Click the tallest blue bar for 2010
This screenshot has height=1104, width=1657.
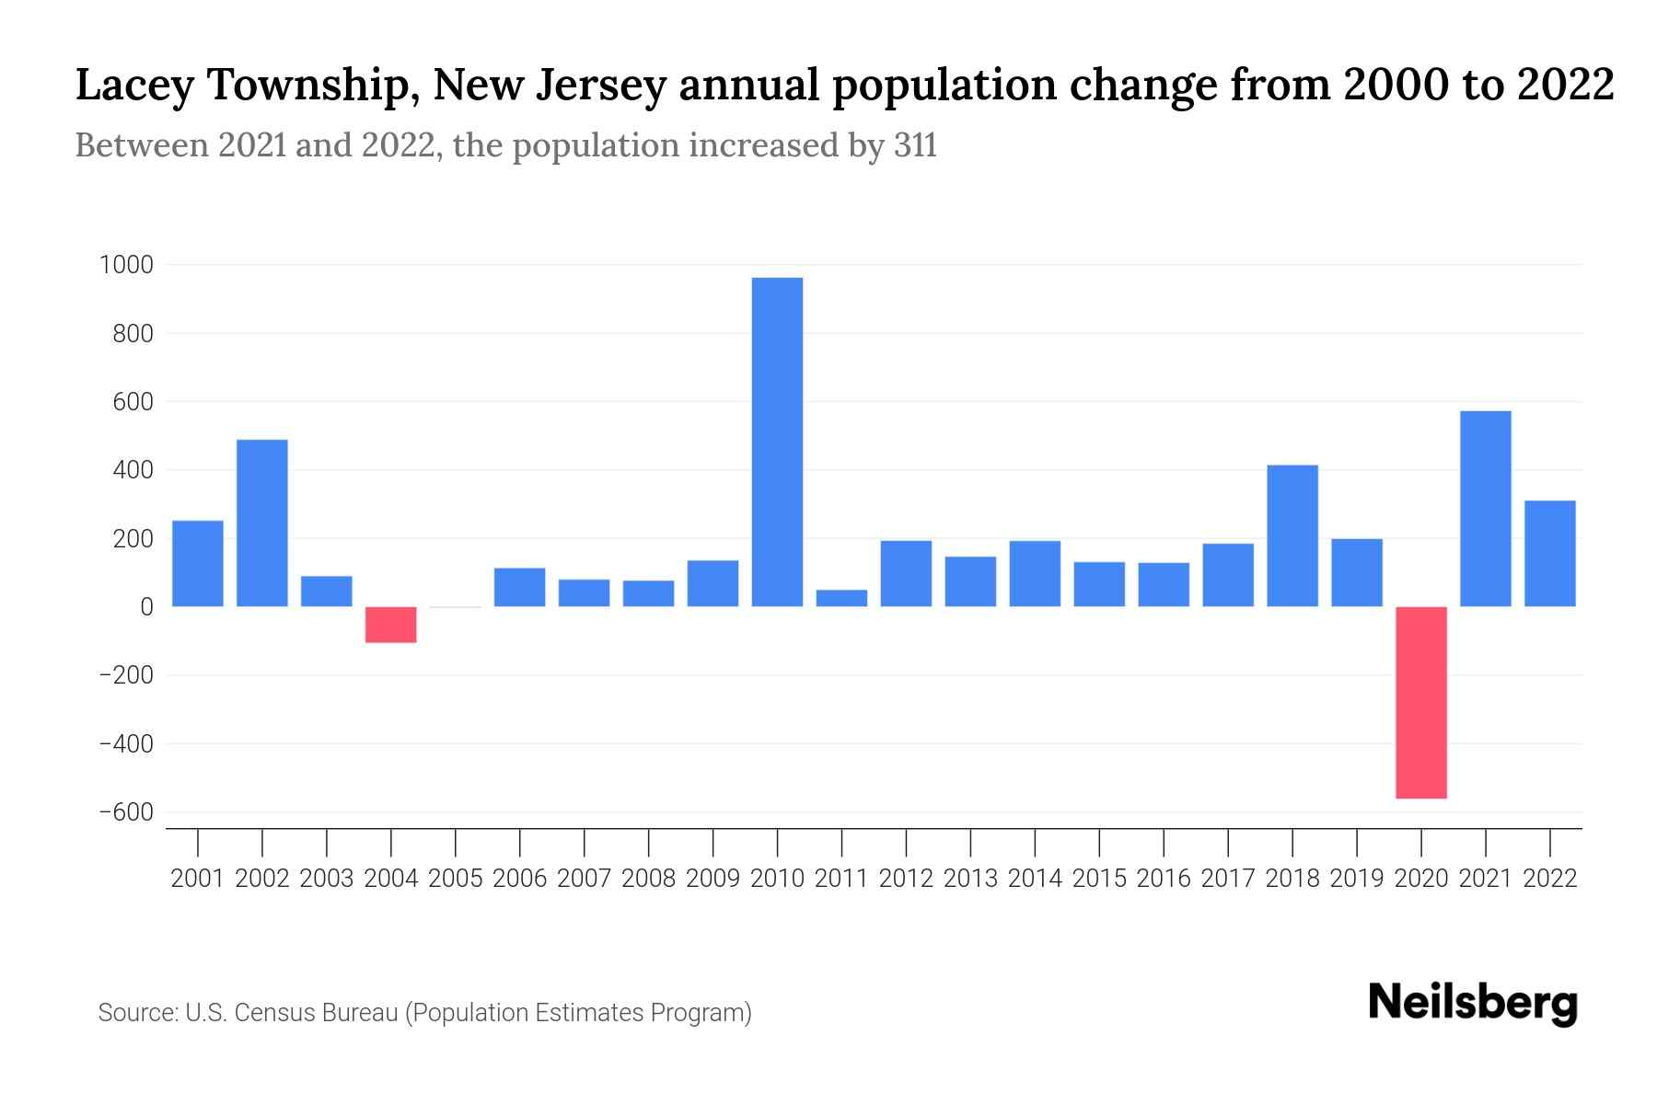click(777, 442)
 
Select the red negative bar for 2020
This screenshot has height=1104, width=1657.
click(1420, 702)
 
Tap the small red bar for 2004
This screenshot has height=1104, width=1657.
click(390, 625)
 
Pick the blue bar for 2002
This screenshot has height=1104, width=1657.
click(262, 523)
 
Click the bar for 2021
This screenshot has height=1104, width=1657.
click(1485, 508)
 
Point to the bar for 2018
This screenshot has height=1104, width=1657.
click(1292, 535)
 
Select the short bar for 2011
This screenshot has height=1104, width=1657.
click(841, 598)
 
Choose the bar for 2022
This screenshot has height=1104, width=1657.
click(1549, 553)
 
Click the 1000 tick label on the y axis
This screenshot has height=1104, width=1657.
click(125, 265)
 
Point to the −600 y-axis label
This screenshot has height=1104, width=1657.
click(125, 812)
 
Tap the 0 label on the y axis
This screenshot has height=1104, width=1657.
click(145, 607)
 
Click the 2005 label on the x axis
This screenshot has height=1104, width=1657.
click(456, 879)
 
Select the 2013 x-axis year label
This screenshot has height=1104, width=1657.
click(970, 879)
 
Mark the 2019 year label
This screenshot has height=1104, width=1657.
click(1356, 879)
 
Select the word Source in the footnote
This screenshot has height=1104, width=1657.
click(137, 1013)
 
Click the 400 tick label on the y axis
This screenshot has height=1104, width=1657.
click(133, 470)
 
